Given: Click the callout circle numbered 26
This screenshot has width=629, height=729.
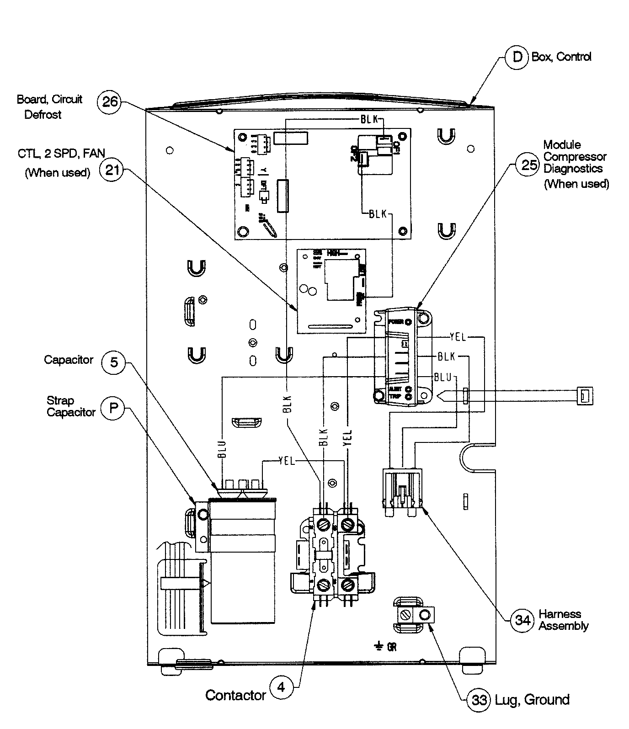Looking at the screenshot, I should pyautogui.click(x=110, y=101).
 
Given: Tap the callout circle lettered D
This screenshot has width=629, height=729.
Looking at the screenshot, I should pyautogui.click(x=517, y=57).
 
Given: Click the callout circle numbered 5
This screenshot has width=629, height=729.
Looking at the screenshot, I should pyautogui.click(x=113, y=362).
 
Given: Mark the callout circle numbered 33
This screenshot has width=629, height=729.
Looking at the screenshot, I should pyautogui.click(x=479, y=700).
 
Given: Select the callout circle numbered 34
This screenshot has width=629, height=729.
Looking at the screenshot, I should pyautogui.click(x=522, y=620).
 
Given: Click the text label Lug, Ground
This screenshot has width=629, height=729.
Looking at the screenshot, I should pyautogui.click(x=533, y=700).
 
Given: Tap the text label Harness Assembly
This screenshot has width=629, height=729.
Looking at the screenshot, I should pyautogui.click(x=563, y=620).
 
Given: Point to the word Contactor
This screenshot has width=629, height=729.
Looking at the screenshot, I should pyautogui.click(x=235, y=695).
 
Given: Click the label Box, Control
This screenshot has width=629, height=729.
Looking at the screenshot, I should pyautogui.click(x=561, y=57).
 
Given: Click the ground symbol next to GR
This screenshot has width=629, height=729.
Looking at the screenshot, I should pyautogui.click(x=379, y=646).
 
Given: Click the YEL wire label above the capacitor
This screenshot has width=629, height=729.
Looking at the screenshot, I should pyautogui.click(x=287, y=462).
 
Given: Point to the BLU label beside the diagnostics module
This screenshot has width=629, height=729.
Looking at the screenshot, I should pyautogui.click(x=442, y=378).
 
